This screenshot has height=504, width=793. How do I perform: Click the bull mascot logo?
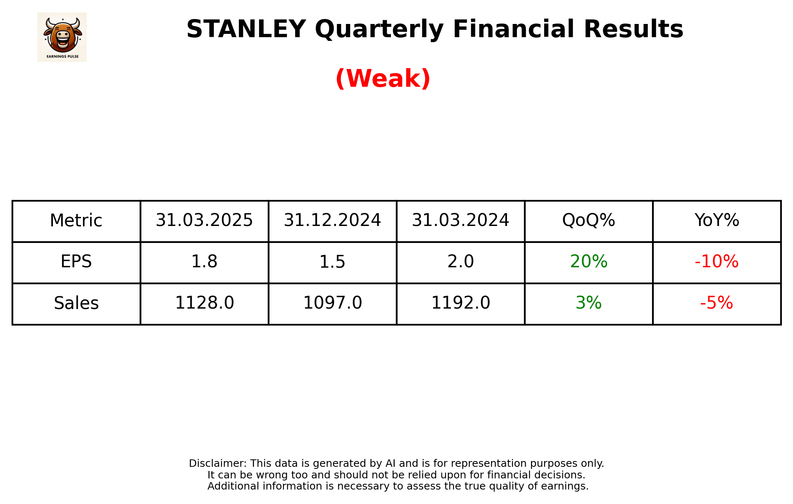tap(62, 37)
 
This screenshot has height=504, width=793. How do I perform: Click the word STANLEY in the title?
tap(246, 29)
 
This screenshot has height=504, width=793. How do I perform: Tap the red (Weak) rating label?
tap(383, 78)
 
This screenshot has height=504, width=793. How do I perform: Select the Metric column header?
tap(76, 221)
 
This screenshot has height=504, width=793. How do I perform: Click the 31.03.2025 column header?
tap(204, 221)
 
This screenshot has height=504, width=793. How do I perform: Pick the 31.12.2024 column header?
tap(332, 221)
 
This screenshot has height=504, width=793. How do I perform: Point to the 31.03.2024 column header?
tap(460, 221)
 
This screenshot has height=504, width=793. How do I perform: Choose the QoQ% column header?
tap(588, 221)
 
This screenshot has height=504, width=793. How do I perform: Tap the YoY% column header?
tap(717, 221)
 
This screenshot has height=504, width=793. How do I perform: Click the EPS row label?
tap(76, 262)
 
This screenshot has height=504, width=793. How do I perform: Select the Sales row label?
tap(76, 303)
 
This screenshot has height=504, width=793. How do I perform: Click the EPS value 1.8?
tap(204, 262)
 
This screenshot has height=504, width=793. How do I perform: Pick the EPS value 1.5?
tap(332, 262)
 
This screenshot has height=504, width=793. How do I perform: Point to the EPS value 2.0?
tap(460, 262)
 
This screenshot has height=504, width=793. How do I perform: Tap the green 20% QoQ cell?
tap(588, 262)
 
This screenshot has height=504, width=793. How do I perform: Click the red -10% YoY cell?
tap(717, 262)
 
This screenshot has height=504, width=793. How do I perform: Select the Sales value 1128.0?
tap(204, 303)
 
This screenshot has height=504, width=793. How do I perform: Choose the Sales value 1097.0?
tap(332, 303)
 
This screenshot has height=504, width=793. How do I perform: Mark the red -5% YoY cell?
tap(717, 303)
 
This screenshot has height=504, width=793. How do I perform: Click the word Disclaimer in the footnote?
tap(217, 464)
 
